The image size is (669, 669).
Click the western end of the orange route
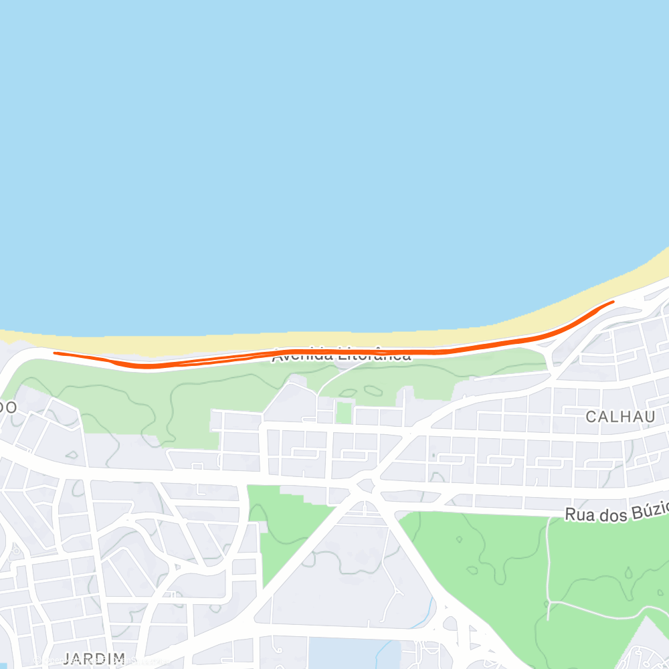click(x=54, y=353)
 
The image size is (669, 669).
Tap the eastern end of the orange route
click(x=613, y=302)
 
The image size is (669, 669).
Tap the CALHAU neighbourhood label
click(x=619, y=417)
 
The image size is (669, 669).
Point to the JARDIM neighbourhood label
click(x=94, y=658)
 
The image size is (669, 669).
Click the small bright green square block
click(x=344, y=412)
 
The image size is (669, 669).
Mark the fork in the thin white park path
click(x=549, y=601)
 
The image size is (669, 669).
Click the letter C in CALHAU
click(x=591, y=417)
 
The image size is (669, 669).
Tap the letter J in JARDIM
click(x=67, y=658)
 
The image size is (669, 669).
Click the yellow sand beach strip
click(x=401, y=339)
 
